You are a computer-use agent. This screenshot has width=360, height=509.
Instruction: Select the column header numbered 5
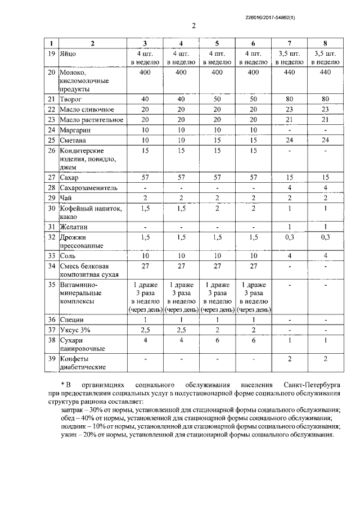pos(218,43)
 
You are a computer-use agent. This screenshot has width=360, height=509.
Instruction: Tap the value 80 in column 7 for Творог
pos(289,98)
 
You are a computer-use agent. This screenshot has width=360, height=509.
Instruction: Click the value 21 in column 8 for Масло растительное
pos(325,119)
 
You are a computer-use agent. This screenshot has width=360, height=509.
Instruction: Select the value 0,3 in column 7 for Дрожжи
pos(289,238)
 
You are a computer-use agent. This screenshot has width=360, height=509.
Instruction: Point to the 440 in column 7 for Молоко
pos(289,73)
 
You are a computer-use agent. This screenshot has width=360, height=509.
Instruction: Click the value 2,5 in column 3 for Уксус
pos(145,330)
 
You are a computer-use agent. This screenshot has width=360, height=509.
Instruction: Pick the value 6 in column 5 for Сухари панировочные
pos(218,340)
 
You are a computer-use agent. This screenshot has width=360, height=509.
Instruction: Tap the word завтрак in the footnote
pos(73,412)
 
